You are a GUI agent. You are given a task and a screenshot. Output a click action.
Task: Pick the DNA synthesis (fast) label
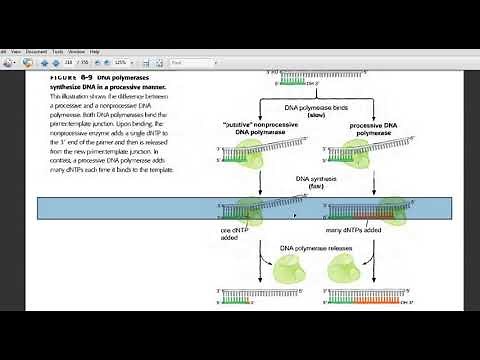305,182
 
